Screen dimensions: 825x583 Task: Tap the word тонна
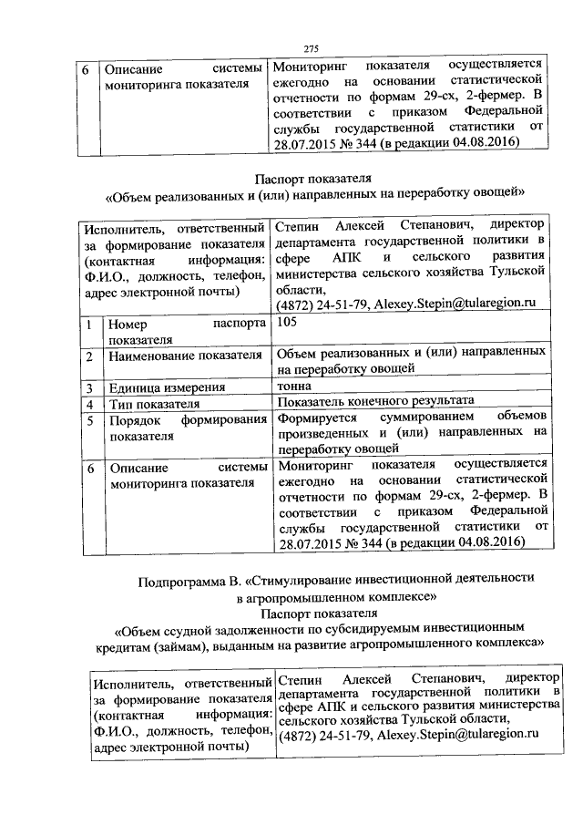pos(292,387)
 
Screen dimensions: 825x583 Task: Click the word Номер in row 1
pos(129,323)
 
